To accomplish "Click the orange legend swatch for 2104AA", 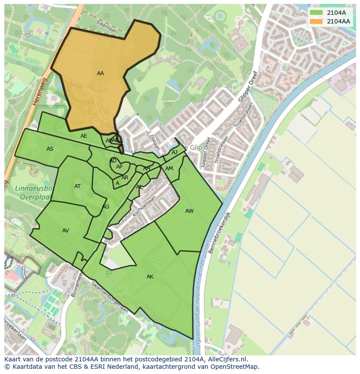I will (317, 21).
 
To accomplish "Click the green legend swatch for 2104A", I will (317, 13).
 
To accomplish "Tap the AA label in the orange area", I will (100, 73).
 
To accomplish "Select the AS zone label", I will (50, 149).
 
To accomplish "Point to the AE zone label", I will (84, 136).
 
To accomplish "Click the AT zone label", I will (77, 186).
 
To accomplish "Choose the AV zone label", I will (66, 231).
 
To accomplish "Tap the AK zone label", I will (150, 277).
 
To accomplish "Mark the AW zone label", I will (189, 211).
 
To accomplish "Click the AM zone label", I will (169, 169).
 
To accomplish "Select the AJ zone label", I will (174, 152).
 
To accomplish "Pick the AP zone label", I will (119, 167).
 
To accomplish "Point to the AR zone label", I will (125, 178).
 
